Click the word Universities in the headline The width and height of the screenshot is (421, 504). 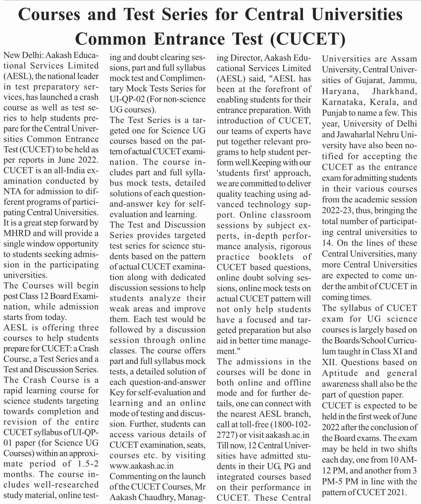tap(357, 15)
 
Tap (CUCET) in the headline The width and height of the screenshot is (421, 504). tap(308, 39)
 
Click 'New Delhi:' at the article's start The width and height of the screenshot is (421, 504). tap(21, 55)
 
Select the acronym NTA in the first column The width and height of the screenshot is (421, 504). tap(12, 191)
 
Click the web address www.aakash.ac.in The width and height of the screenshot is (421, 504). tap(141, 466)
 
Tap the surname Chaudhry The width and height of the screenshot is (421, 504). tap(155, 497)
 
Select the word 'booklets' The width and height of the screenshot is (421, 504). tap(276, 257)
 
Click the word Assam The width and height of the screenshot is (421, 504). tap(403, 59)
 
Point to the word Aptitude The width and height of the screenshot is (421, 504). tap(340, 373)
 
